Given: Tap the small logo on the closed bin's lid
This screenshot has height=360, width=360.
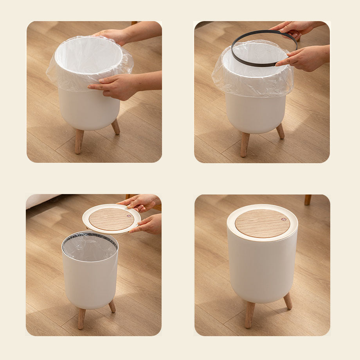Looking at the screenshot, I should tap(283, 220).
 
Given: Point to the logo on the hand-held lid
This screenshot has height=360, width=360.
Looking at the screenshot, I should tap(129, 215).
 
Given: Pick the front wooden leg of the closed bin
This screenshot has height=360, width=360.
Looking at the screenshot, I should tap(249, 315).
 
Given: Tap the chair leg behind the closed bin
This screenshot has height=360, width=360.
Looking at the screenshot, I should tap(308, 200).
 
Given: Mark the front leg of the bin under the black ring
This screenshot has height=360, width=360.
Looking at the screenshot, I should tap(245, 144).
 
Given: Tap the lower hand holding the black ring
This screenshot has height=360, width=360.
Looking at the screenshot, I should tap(301, 59).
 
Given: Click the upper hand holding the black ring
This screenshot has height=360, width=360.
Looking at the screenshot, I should tap(293, 28).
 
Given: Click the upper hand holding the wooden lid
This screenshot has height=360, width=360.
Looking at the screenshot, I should tap(141, 202).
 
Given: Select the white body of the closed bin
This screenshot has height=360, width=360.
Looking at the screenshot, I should tap(262, 270).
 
